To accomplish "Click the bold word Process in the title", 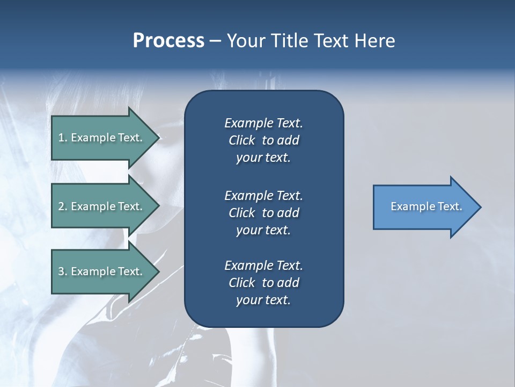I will [x=168, y=41].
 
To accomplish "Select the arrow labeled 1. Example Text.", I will [x=102, y=138].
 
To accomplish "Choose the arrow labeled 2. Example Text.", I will [x=102, y=206].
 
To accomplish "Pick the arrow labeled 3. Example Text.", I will [x=102, y=271].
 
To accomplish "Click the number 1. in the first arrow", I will [x=62, y=138].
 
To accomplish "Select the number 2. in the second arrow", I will [x=62, y=206].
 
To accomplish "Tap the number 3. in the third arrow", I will [x=62, y=271].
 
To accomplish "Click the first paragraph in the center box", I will [x=263, y=140].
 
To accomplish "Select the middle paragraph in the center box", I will [x=263, y=213].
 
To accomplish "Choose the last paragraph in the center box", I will [x=263, y=283].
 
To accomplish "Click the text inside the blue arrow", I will [x=426, y=206].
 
